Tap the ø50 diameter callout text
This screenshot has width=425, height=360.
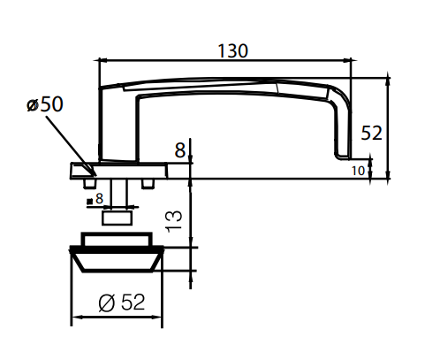[x=45, y=103]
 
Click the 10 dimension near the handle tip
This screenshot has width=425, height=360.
[x=357, y=169]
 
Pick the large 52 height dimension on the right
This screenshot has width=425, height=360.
[x=372, y=134]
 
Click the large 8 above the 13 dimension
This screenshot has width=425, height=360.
[x=180, y=150]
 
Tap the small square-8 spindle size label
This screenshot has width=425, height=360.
[x=95, y=199]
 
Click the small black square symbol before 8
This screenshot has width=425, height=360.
[x=89, y=200]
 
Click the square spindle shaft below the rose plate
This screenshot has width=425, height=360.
[x=119, y=191]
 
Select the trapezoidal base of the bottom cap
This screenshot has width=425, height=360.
[x=118, y=261]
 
